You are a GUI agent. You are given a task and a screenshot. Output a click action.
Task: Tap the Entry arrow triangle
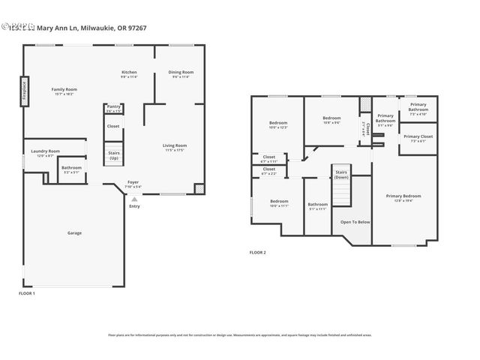coord(133,199)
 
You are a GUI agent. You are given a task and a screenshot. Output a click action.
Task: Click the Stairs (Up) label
coord(113,155)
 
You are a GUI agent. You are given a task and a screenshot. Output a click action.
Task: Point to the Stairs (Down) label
coord(341,175)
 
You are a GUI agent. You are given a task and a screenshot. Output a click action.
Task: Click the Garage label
coord(75,232)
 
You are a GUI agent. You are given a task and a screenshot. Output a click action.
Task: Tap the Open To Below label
coord(355,222)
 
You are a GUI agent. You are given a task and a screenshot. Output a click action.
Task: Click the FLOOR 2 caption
coord(258,253)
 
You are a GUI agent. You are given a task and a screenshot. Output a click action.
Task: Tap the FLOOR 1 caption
coord(27,293)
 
